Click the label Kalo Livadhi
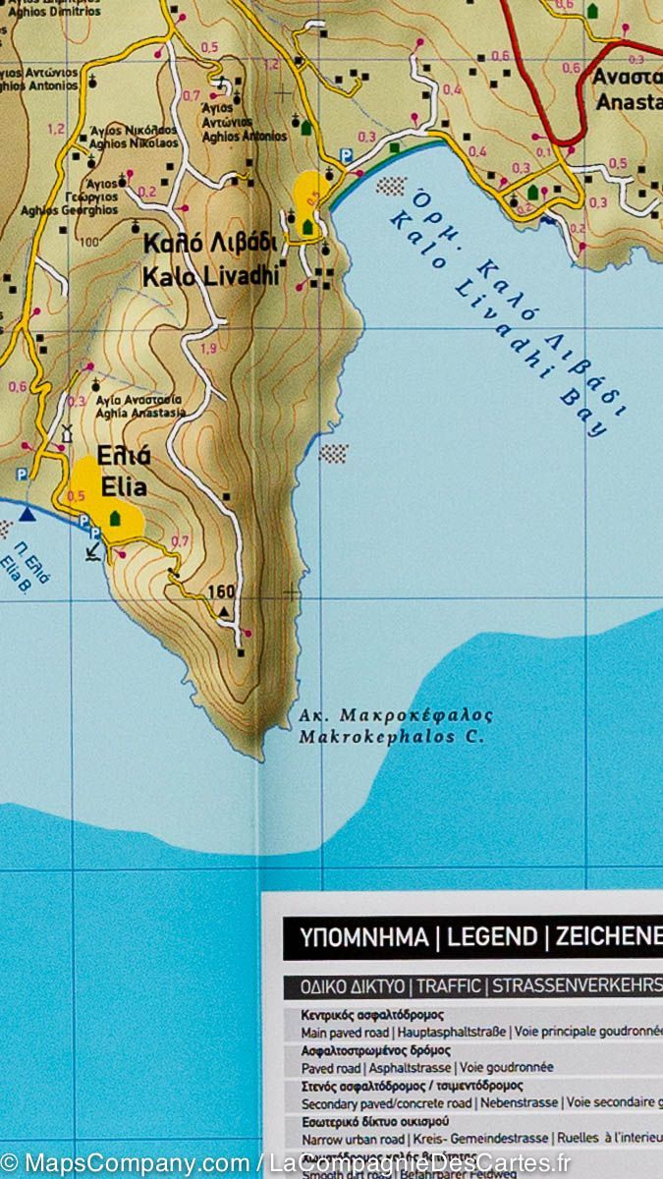pos(210,277)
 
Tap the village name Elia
pos(123,486)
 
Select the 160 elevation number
pos(223,591)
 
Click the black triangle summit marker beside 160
pos(224,611)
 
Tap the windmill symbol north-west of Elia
pos(68,433)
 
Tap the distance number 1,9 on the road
pos(208,349)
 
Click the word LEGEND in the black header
pos(490,937)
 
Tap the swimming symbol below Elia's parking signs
pos(91,551)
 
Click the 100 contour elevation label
pos(89,242)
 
